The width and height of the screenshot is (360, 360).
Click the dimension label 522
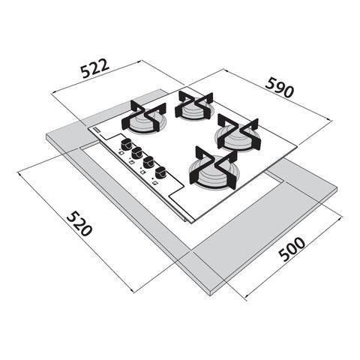point(95,68)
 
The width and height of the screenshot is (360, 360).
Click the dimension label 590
point(280,88)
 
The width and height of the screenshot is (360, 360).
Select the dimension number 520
point(79,223)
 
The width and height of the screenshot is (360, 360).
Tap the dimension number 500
point(292,249)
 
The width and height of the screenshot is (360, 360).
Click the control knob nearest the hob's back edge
point(126,145)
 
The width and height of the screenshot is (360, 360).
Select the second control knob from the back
point(137,153)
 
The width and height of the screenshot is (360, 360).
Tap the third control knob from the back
point(148,162)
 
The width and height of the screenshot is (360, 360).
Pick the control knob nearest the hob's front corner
point(160,172)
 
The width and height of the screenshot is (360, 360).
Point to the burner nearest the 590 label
point(238,133)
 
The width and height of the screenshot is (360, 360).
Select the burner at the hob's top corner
point(194,106)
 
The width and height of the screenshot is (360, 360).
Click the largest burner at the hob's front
point(214,168)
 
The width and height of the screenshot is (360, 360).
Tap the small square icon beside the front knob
point(155,183)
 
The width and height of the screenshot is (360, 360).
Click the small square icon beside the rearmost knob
point(121,153)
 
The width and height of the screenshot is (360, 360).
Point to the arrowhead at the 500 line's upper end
point(339,218)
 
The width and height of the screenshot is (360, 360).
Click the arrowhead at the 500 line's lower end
point(247,297)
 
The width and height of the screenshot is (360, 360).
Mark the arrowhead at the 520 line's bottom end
point(133,290)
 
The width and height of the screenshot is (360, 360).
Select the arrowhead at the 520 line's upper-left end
point(19,174)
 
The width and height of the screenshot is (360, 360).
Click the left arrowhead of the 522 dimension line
point(53,94)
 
